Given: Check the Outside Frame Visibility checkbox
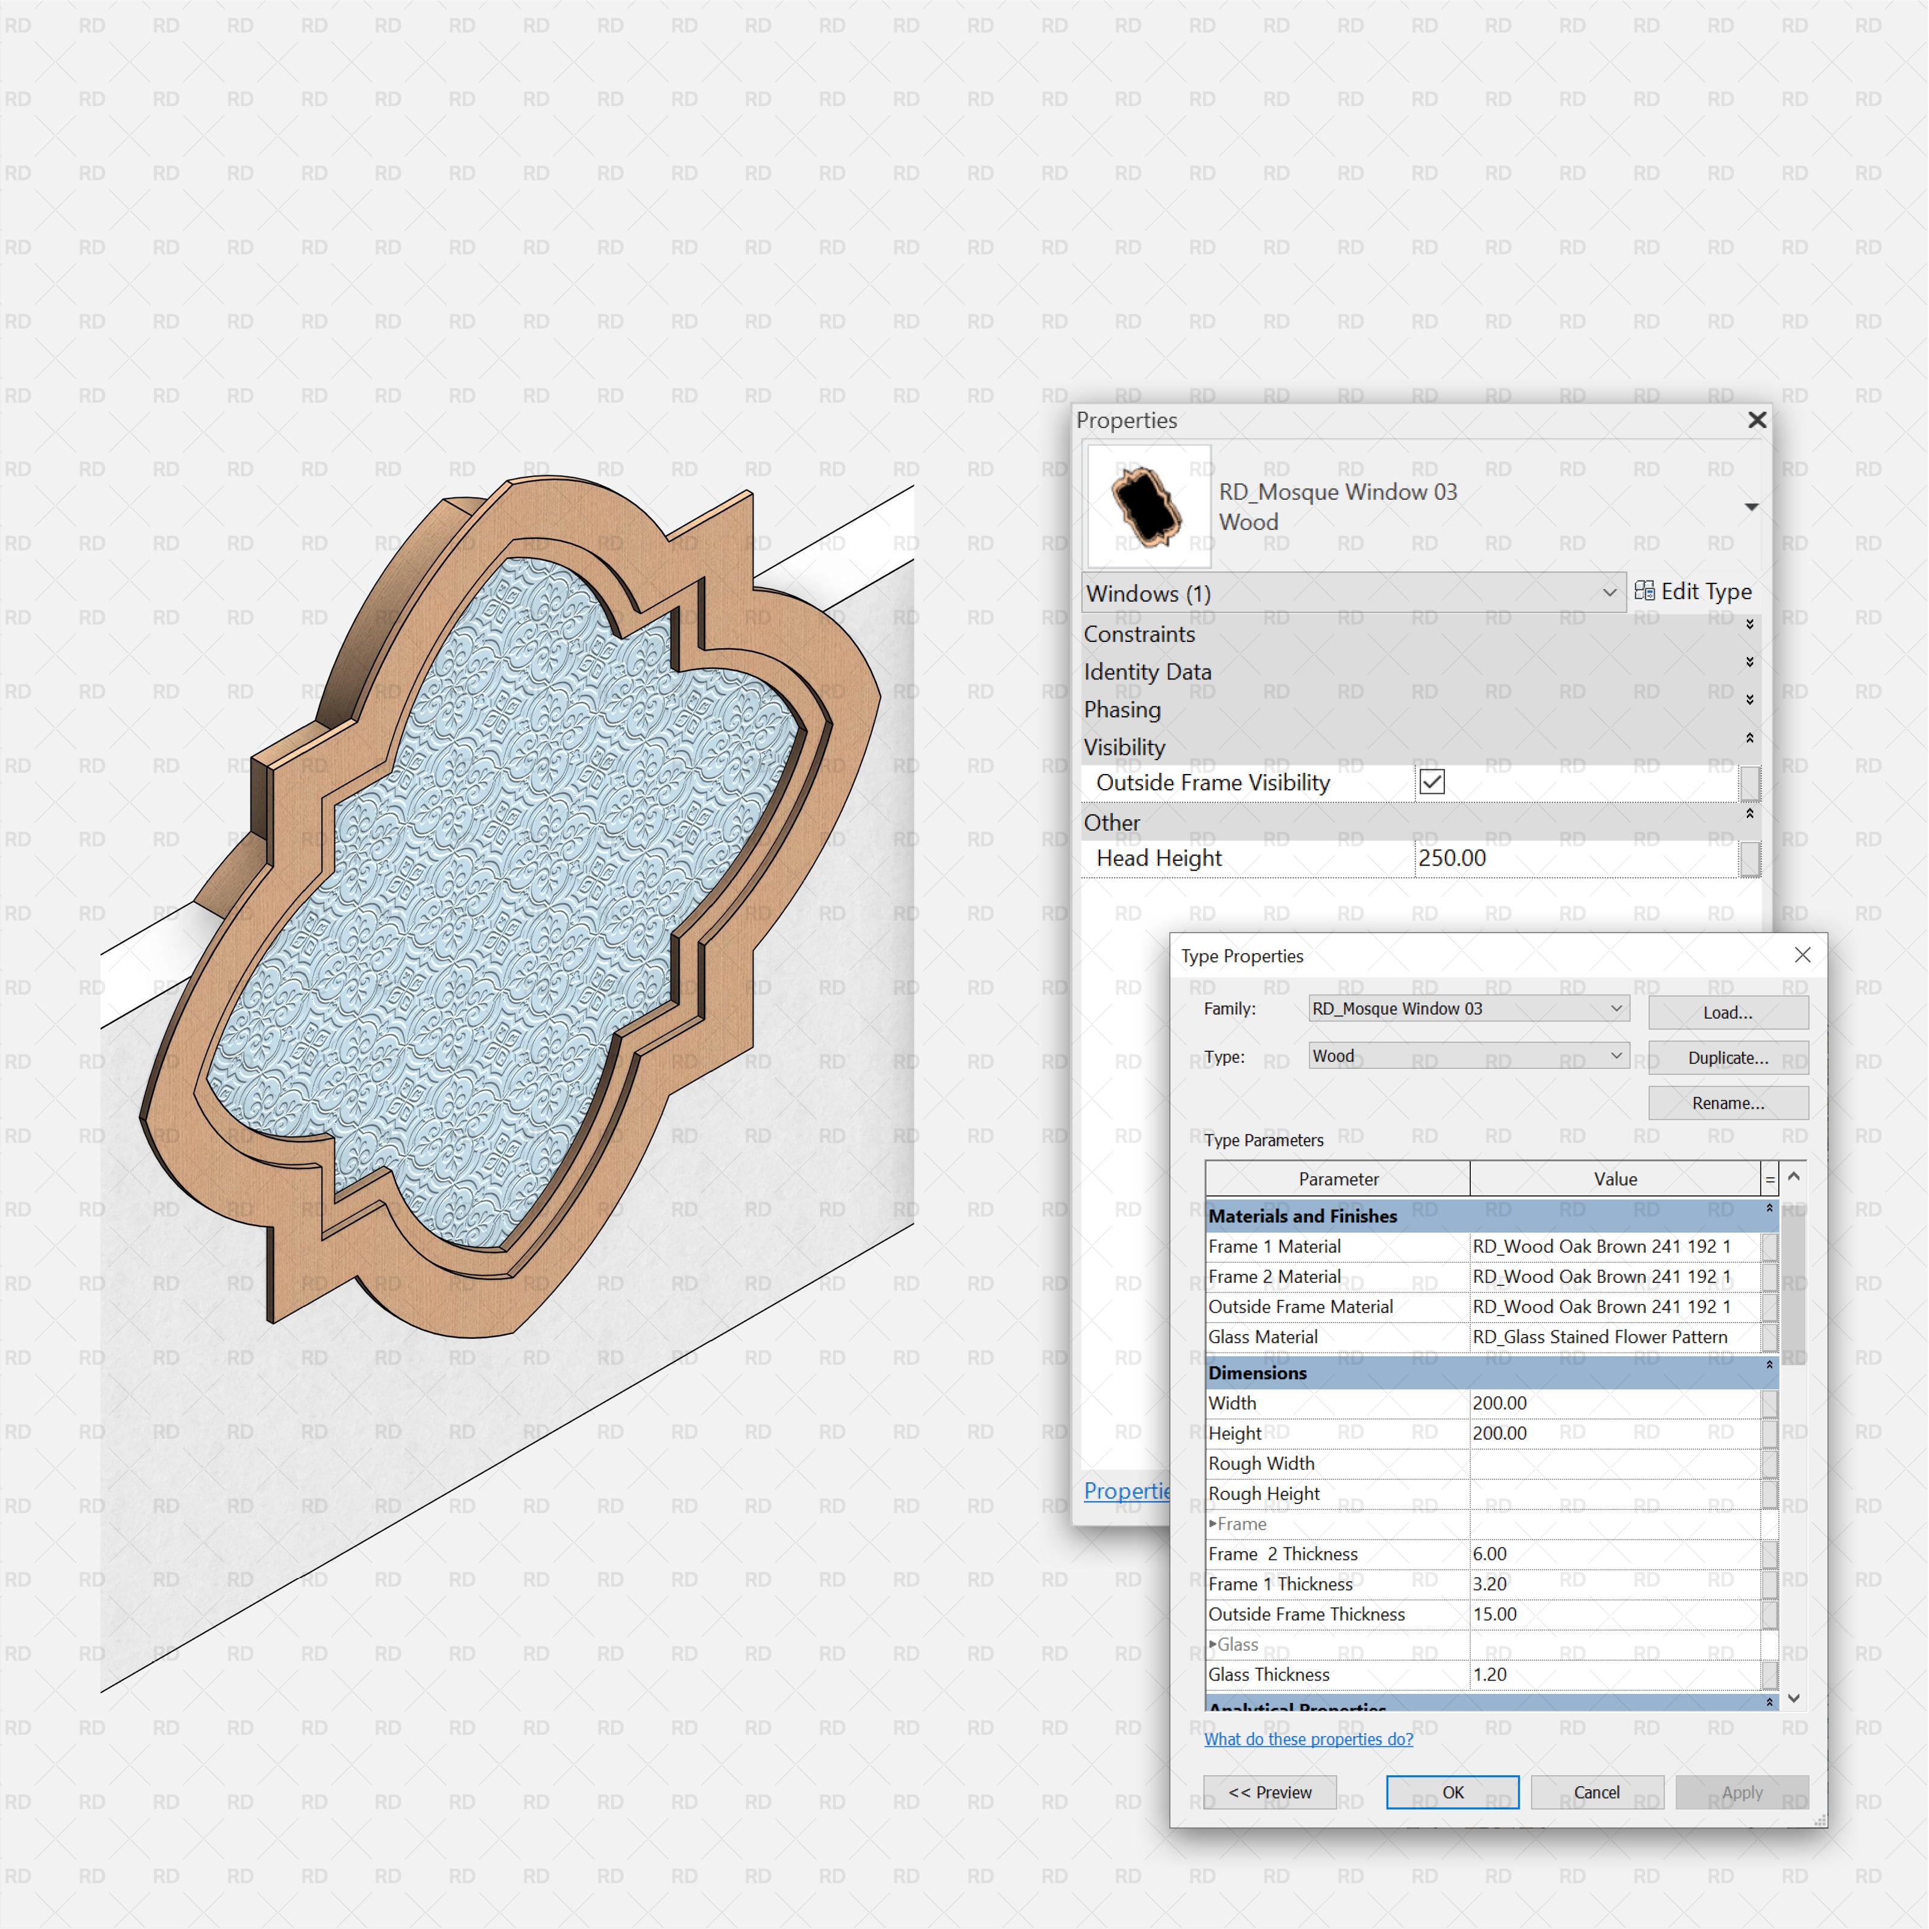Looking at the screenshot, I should click(1432, 782).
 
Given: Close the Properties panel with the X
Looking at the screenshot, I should click(1757, 420).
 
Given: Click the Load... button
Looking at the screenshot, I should click(1727, 1013).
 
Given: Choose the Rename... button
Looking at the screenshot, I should click(1727, 1103).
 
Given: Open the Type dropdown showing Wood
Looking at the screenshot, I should click(1468, 1056).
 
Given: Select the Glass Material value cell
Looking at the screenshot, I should click(1613, 1337).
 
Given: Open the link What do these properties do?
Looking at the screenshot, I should click(1308, 1739).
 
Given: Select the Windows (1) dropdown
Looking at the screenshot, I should click(1352, 593).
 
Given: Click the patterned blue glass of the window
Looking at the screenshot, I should click(499, 899).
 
